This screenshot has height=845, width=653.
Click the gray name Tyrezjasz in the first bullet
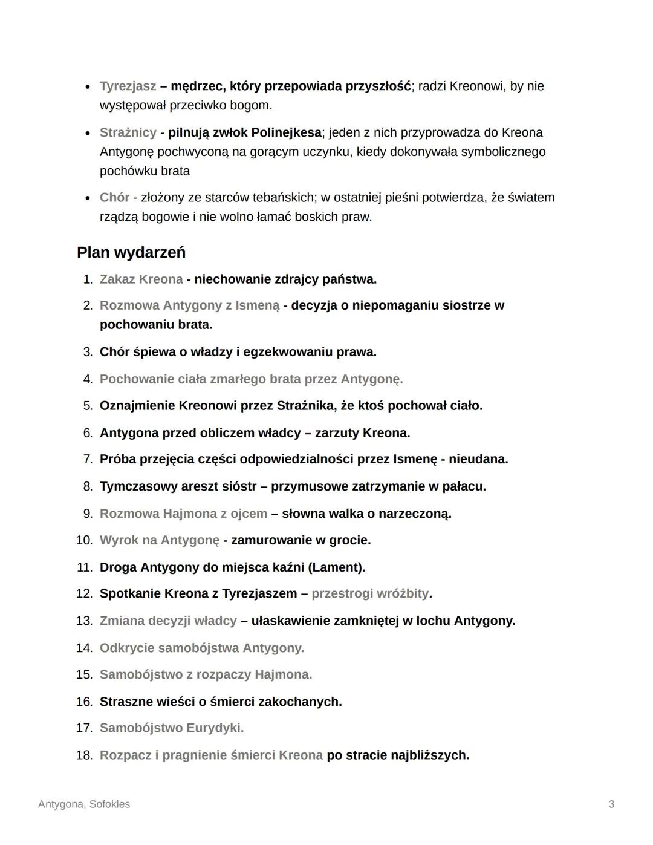128,86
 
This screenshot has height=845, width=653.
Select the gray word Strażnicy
128,132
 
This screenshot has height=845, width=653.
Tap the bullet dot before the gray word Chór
88,198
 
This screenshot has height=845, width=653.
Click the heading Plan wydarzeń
131,253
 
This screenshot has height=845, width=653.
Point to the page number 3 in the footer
611,804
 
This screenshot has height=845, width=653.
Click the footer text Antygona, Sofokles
84,804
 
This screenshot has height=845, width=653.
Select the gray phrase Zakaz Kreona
141,279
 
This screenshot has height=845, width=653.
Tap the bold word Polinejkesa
286,132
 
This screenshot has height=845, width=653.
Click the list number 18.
84,755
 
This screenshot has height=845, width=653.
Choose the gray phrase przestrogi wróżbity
369,594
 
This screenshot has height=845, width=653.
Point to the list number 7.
88,460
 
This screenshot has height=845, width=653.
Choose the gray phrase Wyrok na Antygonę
159,540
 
